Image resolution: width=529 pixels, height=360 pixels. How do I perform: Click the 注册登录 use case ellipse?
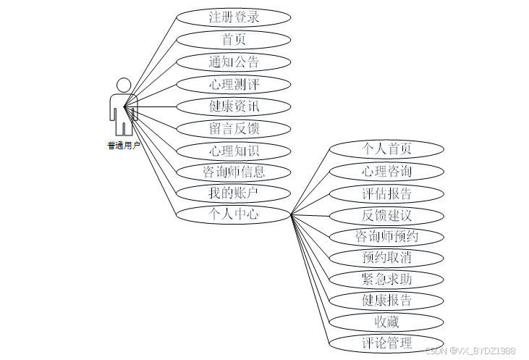pos(234,17)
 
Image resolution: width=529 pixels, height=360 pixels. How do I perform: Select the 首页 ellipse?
pos(234,40)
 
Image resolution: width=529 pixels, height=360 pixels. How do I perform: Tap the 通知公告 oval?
pos(234,62)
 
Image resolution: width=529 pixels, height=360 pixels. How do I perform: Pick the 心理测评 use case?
pos(234,85)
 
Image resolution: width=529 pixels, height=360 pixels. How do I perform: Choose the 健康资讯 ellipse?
pos(234,106)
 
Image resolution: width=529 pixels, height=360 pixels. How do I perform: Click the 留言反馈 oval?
pos(234,129)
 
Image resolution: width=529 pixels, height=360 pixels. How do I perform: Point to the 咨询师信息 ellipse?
pos(234,172)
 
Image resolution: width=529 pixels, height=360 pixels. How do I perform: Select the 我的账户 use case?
pos(234,193)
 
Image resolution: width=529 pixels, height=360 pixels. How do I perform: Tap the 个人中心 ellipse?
pos(234,214)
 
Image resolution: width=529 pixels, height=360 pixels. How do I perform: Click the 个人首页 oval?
pos(386,149)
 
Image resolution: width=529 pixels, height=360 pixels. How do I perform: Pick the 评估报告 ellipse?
pos(386,194)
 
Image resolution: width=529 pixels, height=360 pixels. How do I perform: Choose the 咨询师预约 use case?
pos(386,237)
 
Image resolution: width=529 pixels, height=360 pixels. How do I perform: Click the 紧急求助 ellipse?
pos(386,280)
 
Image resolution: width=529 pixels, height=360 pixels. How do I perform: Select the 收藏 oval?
pos(386,322)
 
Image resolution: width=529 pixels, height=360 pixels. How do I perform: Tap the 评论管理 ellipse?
pos(386,343)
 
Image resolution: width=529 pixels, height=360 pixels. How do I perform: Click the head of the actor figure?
pos(124,85)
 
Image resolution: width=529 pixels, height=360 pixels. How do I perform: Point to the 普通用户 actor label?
pos(124,146)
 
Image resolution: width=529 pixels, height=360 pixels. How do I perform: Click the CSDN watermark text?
pos(470,351)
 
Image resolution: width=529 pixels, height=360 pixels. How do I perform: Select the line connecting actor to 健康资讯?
pos(150,106)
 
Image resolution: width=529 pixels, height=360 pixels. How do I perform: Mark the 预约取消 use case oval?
pos(386,258)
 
